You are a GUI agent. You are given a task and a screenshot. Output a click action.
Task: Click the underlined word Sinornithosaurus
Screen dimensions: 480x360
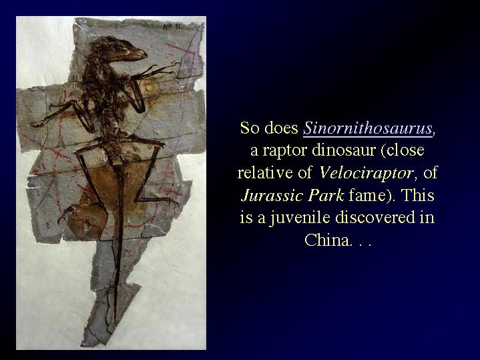pyautogui.click(x=367, y=128)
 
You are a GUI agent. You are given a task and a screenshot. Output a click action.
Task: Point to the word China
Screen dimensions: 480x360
pyautogui.click(x=326, y=240)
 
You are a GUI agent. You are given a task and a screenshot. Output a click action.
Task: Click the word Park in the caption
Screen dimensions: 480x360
pyautogui.click(x=326, y=195)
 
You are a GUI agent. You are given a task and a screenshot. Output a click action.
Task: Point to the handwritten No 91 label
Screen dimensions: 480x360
pyautogui.click(x=173, y=27)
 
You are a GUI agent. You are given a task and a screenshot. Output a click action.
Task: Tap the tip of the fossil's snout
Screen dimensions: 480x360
pyautogui.click(x=146, y=55)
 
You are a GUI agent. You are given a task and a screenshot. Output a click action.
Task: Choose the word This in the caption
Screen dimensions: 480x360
pyautogui.click(x=418, y=195)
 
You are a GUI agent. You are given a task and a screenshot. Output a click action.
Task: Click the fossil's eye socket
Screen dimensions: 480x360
pyautogui.click(x=116, y=47)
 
